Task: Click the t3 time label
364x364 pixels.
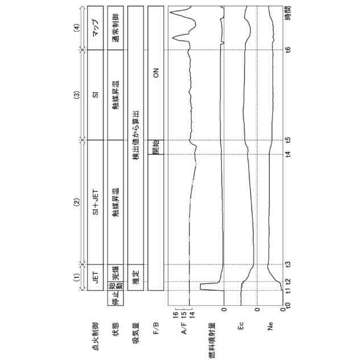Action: click(288, 264)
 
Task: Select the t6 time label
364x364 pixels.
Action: click(288, 49)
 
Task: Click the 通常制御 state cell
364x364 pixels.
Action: click(117, 28)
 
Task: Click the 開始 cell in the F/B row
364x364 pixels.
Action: click(156, 147)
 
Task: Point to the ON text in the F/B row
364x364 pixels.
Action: click(156, 74)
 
